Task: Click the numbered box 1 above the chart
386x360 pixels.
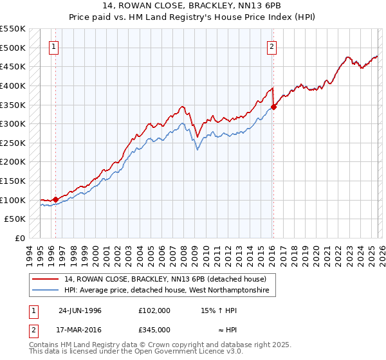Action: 53,46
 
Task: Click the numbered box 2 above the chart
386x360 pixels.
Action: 272,46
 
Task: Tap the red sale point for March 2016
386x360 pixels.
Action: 273,107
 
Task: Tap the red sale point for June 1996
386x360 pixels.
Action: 56,199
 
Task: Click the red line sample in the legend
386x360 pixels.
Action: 45,279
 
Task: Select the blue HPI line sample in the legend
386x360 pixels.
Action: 45,291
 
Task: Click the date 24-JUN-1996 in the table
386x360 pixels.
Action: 80,310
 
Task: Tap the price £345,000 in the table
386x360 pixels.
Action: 154,330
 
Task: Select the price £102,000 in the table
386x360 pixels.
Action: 154,310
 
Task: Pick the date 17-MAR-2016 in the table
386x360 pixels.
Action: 80,330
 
